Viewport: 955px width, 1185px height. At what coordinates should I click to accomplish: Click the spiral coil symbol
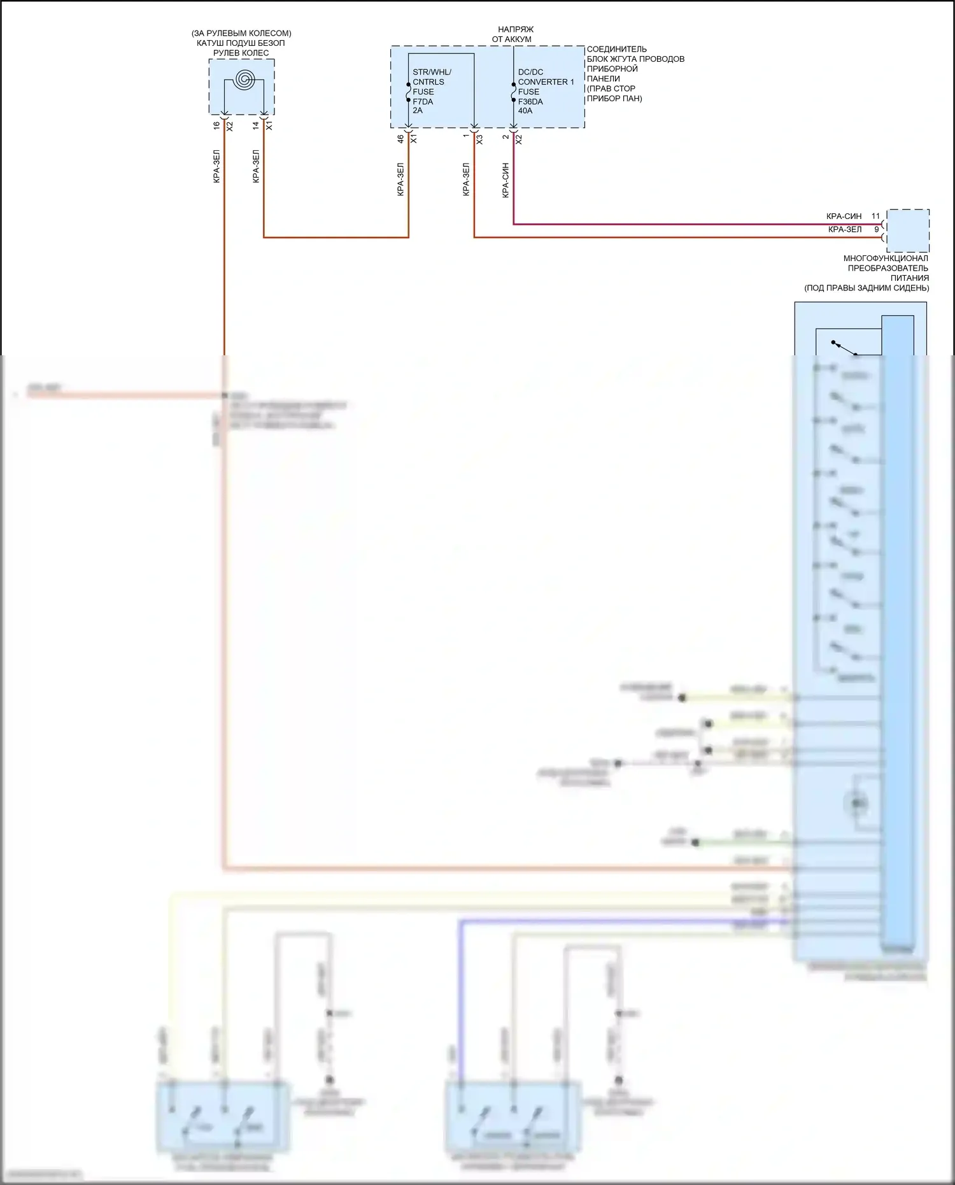tap(244, 80)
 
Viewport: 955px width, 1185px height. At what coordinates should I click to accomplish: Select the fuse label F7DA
tap(423, 101)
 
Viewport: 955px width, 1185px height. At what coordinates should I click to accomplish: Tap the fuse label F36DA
tap(530, 101)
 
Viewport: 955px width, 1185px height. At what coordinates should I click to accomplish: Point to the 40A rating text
tap(525, 111)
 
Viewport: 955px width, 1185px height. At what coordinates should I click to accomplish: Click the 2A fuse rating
tap(418, 110)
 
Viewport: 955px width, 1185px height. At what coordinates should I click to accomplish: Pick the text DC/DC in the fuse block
tap(530, 72)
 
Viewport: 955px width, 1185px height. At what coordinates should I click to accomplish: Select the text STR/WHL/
tap(432, 72)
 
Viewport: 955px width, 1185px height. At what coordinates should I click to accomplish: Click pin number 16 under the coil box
tap(216, 126)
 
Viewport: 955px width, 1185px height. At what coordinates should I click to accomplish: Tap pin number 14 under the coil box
tap(256, 126)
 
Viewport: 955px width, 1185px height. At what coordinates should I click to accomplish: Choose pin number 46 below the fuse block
tap(400, 138)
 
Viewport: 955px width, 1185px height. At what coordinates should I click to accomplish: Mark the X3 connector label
tap(479, 139)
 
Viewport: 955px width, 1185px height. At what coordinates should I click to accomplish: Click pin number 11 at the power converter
tap(875, 216)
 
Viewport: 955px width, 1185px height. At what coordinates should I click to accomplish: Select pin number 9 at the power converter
tap(876, 229)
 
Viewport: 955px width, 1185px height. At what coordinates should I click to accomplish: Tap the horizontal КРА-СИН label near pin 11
tap(844, 216)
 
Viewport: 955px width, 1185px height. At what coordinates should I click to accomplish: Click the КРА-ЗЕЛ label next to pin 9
tap(844, 229)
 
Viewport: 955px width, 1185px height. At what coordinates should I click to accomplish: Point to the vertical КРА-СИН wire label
tap(506, 180)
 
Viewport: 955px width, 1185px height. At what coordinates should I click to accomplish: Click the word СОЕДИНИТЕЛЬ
tap(616, 49)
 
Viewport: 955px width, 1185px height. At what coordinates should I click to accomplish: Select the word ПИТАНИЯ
tap(909, 278)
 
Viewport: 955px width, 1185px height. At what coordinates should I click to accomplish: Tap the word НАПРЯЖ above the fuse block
tap(516, 29)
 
